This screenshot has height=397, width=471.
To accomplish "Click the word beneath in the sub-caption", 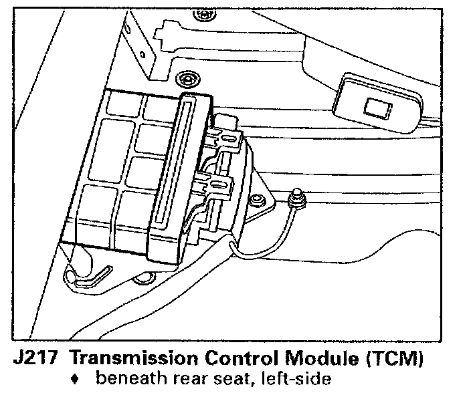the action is [127, 380].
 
